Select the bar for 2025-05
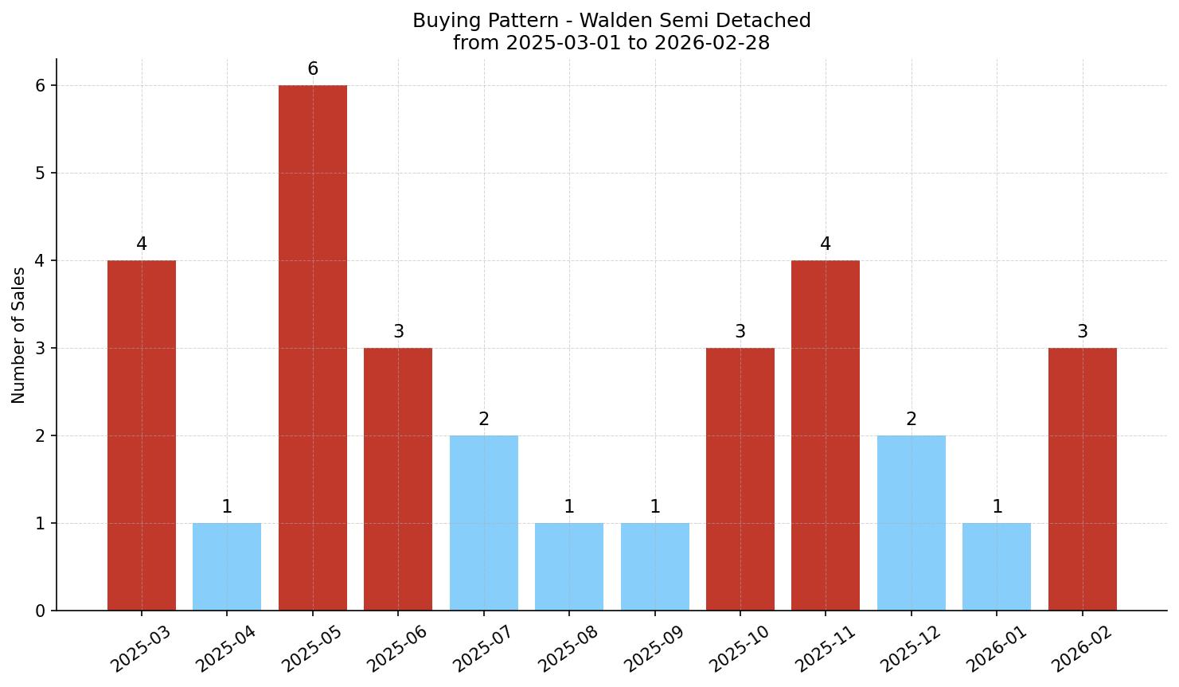[x=312, y=348]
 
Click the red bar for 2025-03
[x=142, y=435]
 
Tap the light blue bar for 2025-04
[x=227, y=567]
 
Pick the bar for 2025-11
[x=826, y=435]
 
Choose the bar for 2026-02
[x=1082, y=479]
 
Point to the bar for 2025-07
[x=483, y=523]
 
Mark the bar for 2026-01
[x=997, y=567]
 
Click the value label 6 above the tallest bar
[x=313, y=69]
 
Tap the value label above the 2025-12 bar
[x=912, y=420]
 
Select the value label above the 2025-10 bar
[x=740, y=332]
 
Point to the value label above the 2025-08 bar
[x=569, y=507]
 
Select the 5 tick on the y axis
[x=40, y=174]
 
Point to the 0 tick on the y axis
[x=40, y=611]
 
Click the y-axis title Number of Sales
[x=19, y=335]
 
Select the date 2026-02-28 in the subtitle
[x=712, y=43]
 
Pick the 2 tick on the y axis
[x=40, y=436]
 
